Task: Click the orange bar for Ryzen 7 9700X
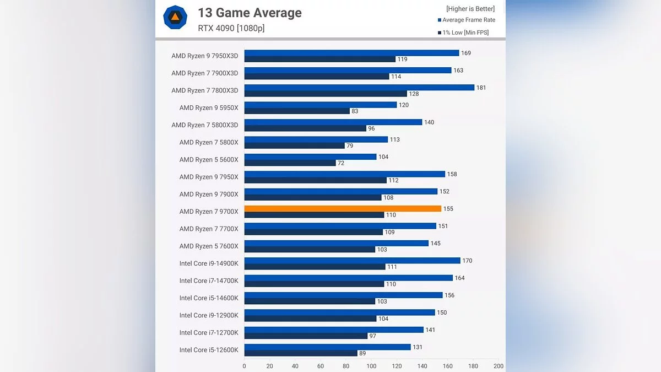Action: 343,209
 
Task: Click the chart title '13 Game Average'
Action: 250,13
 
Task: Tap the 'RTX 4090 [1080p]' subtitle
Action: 231,28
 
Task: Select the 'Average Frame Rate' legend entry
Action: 468,20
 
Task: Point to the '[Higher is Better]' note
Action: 470,9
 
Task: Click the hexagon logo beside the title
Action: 175,17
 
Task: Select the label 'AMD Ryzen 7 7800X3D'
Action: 204,90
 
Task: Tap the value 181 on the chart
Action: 481,88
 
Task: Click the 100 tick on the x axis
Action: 371,366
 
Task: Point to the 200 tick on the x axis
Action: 498,366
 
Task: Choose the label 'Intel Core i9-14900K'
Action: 208,263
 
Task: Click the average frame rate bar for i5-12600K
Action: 327,347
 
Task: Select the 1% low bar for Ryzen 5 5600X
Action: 290,163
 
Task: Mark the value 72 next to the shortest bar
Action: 342,163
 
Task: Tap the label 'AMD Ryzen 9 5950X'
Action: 208,108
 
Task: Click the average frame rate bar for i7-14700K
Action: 348,278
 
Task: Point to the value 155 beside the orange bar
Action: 448,209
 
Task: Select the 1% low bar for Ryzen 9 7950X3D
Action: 319,59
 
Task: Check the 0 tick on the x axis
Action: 245,366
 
